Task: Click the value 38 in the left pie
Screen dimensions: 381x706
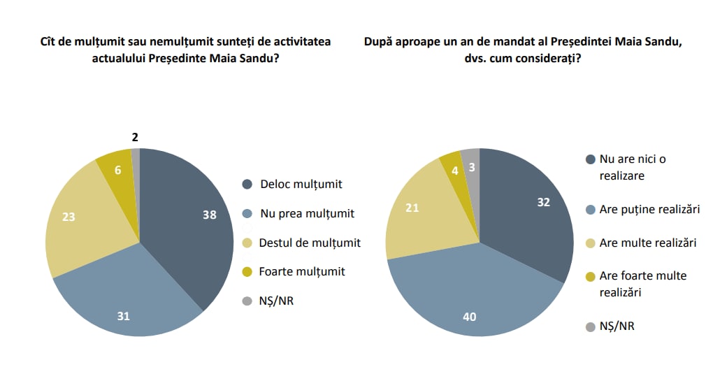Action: pyautogui.click(x=209, y=215)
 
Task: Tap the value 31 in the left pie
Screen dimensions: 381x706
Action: pyautogui.click(x=123, y=316)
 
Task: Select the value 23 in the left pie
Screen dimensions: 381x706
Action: pyautogui.click(x=68, y=217)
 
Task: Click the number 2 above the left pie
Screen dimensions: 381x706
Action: pyautogui.click(x=135, y=137)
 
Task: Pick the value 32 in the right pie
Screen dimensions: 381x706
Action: pyautogui.click(x=544, y=202)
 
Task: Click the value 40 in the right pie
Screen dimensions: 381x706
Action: pyautogui.click(x=470, y=317)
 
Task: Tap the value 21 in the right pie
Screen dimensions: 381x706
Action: pyautogui.click(x=412, y=208)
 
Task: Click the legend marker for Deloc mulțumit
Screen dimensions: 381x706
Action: pyautogui.click(x=247, y=185)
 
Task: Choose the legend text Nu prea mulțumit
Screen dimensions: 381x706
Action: pyautogui.click(x=307, y=214)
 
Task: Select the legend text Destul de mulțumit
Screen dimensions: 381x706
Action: pyautogui.click(x=310, y=243)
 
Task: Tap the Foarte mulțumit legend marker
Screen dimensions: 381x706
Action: pyautogui.click(x=247, y=272)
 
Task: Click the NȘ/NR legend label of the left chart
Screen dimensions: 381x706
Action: pyautogui.click(x=276, y=301)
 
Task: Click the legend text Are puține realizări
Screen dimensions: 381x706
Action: pyautogui.click(x=649, y=209)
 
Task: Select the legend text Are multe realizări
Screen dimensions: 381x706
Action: pyautogui.click(x=648, y=243)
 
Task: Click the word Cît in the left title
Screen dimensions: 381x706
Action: pyautogui.click(x=50, y=42)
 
